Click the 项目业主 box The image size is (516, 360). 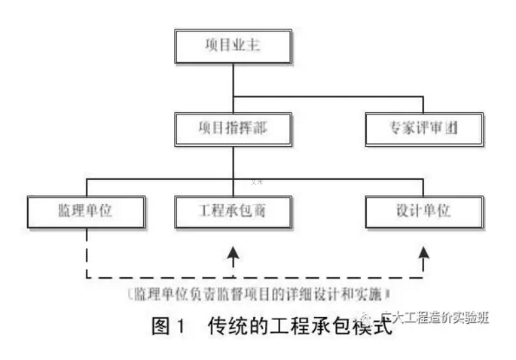tap(234, 46)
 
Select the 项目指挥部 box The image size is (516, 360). tap(234, 129)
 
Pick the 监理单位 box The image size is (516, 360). tap(84, 212)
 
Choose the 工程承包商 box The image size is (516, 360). tap(234, 212)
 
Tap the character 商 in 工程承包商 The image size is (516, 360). tap(258, 212)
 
